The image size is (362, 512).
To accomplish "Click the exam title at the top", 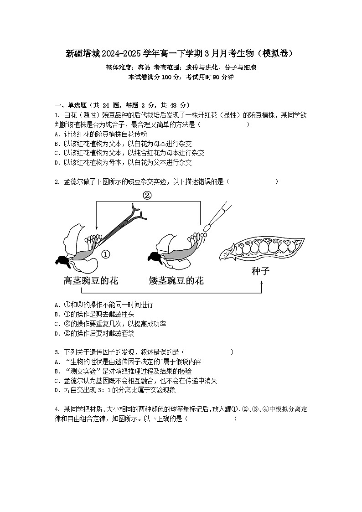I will coord(181,53).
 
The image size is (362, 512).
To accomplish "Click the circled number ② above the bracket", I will coord(147,195).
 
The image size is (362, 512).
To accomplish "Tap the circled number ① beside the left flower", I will coord(105,254).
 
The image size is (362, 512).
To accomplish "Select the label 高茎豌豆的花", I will coord(91,280).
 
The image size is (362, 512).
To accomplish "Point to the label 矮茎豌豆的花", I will coord(176,280).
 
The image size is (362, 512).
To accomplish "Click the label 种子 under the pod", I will coord(261,272).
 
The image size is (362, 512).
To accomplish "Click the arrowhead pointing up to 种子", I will coord(262,283).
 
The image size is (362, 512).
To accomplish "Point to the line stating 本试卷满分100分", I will coord(181,77).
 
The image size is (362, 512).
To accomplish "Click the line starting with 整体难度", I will coord(181,67).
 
